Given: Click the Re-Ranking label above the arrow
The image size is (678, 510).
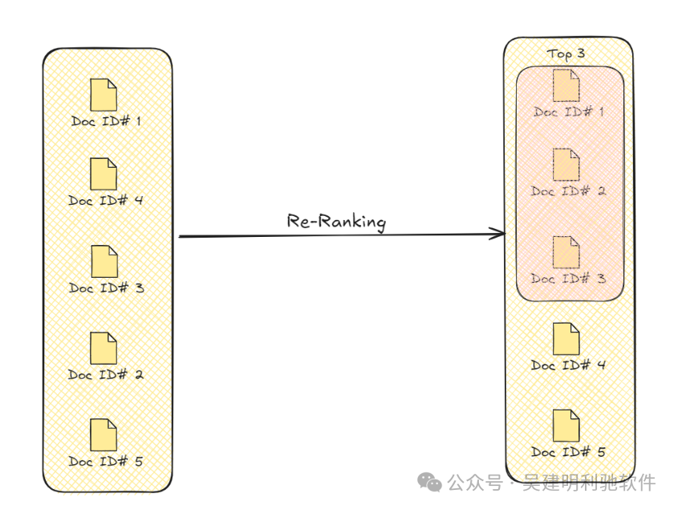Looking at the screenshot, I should tap(336, 222).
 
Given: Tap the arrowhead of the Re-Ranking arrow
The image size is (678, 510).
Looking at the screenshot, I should tap(500, 235).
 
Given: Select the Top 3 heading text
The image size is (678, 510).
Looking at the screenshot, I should tap(566, 54).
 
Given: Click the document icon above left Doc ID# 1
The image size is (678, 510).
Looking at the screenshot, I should tap(104, 94).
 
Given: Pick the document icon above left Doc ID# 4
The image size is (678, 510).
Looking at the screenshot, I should tap(104, 173).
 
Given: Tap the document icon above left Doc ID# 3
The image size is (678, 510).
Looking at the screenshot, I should tap(104, 261).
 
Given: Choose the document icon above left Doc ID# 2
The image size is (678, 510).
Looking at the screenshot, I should tap(104, 348).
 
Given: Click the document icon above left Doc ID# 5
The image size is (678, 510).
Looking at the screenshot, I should tap(104, 435).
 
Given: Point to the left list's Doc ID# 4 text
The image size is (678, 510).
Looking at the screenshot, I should tap(106, 200).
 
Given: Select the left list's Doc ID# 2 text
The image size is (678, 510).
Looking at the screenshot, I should tap(106, 374).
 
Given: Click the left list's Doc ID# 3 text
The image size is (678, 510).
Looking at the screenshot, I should tap(106, 287).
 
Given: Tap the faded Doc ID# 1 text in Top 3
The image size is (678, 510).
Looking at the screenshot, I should tap(568, 112).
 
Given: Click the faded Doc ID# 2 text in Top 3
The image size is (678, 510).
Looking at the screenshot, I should tap(568, 191).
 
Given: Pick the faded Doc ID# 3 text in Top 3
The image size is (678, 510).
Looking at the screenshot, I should tap(568, 278).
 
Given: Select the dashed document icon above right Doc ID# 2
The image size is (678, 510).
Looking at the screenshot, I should tap(566, 164).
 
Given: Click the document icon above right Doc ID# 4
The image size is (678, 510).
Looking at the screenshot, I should tap(566, 338).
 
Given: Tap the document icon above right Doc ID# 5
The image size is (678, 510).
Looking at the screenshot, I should tap(566, 426).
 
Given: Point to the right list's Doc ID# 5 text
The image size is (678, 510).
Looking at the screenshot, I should tap(568, 452).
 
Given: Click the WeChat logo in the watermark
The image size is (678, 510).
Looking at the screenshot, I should tap(428, 482).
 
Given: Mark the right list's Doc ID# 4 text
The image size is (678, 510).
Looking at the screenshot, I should tap(568, 365).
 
